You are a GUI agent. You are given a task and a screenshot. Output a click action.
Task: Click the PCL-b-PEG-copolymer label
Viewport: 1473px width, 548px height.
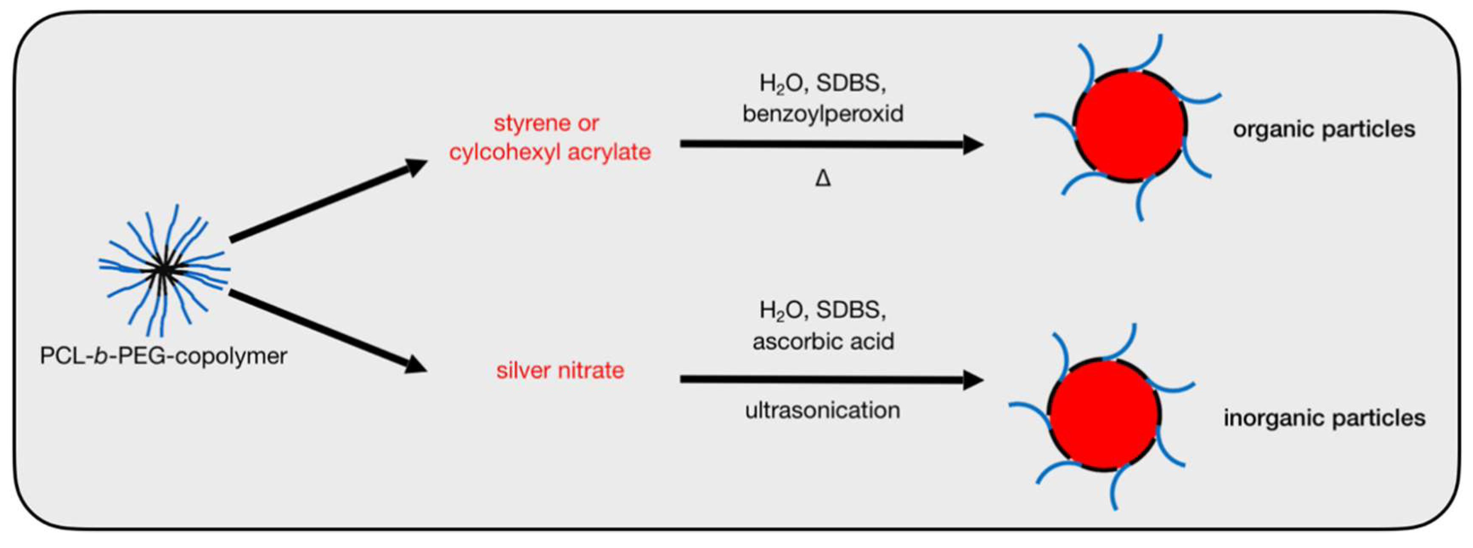tap(163, 356)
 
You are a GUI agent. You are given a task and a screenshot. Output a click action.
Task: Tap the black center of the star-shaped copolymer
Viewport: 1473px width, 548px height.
tap(164, 270)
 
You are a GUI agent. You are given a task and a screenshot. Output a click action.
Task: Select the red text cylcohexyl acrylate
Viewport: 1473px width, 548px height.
tap(550, 152)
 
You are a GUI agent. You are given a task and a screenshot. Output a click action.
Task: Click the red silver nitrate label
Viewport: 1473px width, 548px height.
tap(560, 370)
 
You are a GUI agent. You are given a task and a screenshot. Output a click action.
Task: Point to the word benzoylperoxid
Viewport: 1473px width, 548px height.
tap(823, 113)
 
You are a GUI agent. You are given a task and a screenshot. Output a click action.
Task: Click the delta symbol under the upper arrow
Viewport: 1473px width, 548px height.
tap(823, 179)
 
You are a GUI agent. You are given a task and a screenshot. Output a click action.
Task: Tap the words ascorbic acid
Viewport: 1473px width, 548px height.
tap(823, 341)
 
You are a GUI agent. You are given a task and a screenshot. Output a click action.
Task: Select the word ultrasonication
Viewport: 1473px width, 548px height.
tap(823, 410)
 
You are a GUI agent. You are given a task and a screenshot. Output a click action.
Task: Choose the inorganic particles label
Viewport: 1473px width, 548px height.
tap(1324, 418)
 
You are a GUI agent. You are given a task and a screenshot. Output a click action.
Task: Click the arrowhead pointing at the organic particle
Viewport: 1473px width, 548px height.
tap(972, 145)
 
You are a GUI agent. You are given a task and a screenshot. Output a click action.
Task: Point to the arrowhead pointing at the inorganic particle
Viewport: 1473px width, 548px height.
tap(972, 379)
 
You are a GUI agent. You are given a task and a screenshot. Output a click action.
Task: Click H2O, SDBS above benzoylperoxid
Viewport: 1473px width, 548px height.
tap(823, 84)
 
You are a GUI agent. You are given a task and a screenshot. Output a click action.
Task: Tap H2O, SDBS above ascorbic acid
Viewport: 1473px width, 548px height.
tap(823, 310)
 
